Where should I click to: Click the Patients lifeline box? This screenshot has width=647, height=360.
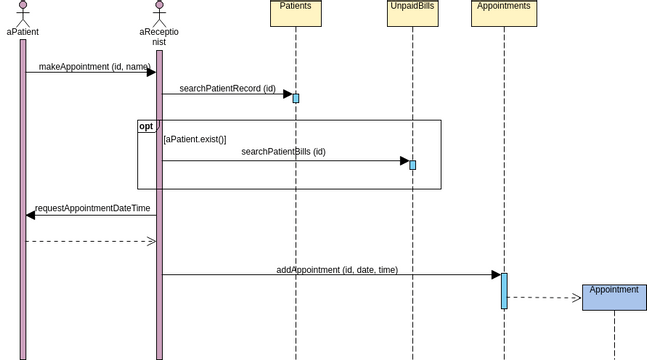(x=295, y=12)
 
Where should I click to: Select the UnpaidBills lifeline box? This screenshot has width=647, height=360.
(x=412, y=12)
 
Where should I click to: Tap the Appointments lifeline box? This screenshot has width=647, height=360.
(x=503, y=12)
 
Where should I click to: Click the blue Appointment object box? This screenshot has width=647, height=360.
(x=614, y=297)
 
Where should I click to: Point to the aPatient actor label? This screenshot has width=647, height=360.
(x=22, y=32)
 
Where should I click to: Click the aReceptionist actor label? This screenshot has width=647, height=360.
(x=159, y=37)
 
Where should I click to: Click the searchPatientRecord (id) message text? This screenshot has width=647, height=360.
(x=227, y=89)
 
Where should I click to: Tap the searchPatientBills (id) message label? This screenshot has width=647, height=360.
(x=283, y=152)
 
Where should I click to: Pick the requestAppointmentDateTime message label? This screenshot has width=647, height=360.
(x=92, y=209)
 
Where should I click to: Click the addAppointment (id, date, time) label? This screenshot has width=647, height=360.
(x=337, y=270)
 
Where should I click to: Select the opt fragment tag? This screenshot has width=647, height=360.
(x=147, y=126)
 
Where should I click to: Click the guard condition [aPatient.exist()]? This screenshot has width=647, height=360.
(x=195, y=139)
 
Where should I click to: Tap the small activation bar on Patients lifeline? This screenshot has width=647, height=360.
(x=296, y=98)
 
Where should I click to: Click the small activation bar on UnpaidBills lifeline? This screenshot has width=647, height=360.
(x=412, y=165)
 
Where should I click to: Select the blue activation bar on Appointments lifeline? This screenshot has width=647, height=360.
(x=504, y=291)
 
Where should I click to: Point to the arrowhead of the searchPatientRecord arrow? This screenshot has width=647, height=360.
(x=287, y=95)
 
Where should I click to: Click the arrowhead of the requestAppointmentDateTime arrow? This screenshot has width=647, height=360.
(x=31, y=215)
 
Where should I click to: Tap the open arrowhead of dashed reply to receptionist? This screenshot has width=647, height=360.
(x=152, y=241)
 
